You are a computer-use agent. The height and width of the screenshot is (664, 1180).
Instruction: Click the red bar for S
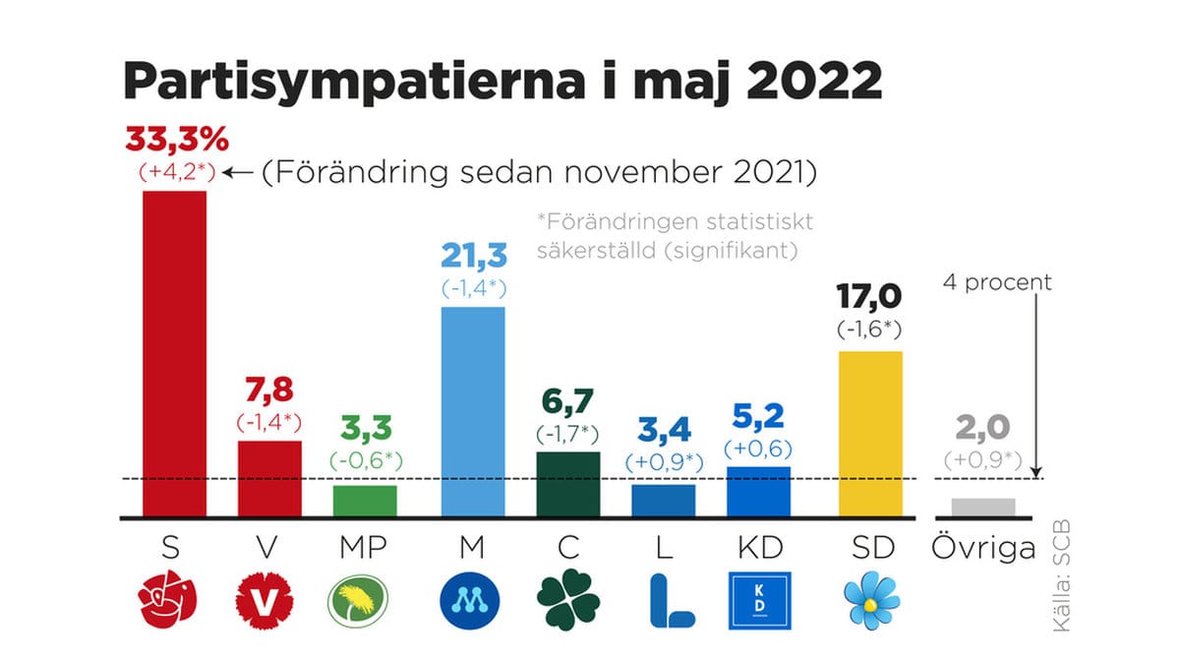pyautogui.click(x=174, y=353)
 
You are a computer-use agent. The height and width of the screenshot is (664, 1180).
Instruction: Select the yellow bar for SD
pyautogui.click(x=870, y=433)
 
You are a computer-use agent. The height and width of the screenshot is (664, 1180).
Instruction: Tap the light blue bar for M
pyautogui.click(x=473, y=411)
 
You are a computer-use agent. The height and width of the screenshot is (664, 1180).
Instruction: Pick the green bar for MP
pyautogui.click(x=365, y=501)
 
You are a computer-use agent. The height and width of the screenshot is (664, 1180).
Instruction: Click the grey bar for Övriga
pyautogui.click(x=983, y=508)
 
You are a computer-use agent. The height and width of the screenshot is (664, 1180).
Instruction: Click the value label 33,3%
pyautogui.click(x=177, y=139)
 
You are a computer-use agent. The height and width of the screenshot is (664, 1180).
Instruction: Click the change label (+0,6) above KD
pyautogui.click(x=758, y=449)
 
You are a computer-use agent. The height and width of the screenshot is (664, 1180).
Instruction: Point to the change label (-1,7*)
pyautogui.click(x=568, y=434)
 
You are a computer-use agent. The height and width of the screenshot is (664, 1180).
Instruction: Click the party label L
pyautogui.click(x=664, y=548)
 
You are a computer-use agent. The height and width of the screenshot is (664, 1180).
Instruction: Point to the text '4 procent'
pyautogui.click(x=996, y=282)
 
